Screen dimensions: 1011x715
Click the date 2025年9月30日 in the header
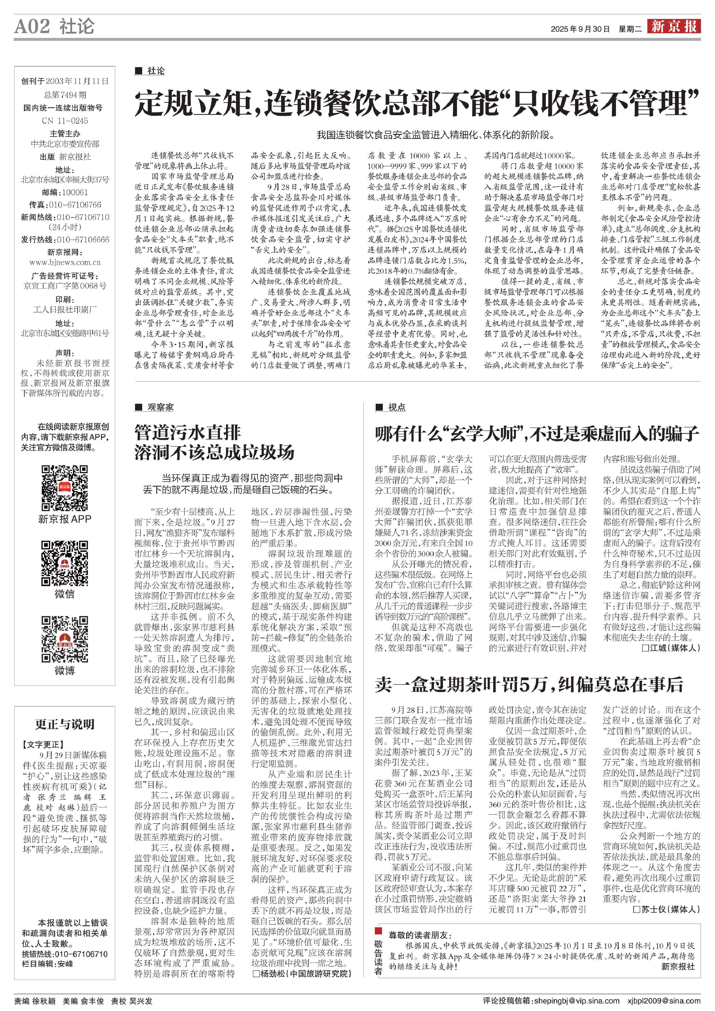pos(580,29)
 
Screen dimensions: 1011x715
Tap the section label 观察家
pos(160,407)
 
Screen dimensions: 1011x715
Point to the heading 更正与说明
pos(65,724)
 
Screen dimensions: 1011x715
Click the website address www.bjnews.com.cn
pos(65,263)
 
